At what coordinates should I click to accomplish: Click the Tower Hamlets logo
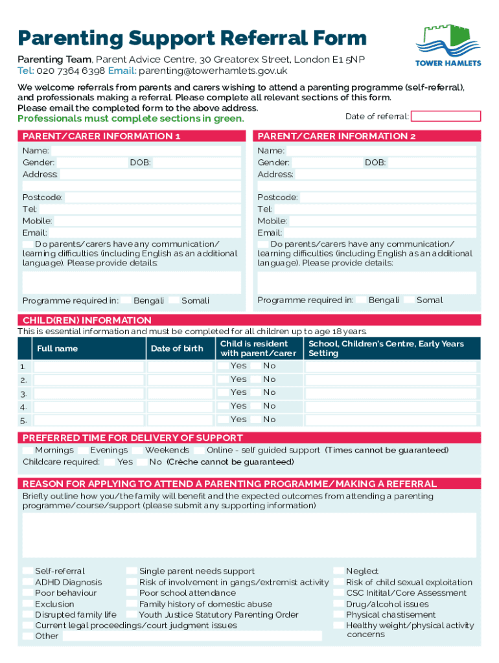[448, 45]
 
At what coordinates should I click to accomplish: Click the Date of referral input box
[446, 117]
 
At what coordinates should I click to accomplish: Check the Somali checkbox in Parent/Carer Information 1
[174, 300]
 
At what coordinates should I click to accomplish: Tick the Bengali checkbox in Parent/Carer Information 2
[361, 300]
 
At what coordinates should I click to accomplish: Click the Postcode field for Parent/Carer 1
[152, 197]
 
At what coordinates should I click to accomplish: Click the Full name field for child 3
[89, 394]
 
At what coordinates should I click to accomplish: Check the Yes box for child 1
[223, 366]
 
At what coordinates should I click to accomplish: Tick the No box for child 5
[255, 420]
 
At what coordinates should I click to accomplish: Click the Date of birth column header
[177, 348]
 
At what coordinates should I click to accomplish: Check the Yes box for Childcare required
[110, 462]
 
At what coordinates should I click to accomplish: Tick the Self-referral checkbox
[28, 571]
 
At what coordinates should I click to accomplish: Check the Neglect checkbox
[338, 571]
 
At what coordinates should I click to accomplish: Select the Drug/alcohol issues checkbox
[338, 604]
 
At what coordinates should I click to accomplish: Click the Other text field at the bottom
[192, 636]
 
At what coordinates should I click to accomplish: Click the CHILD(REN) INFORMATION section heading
[87, 320]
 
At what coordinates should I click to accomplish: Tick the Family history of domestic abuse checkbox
[132, 604]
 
